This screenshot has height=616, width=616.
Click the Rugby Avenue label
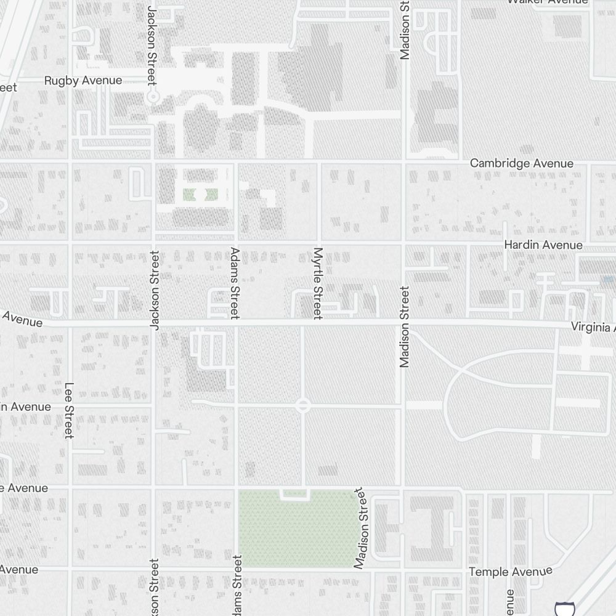pyautogui.click(x=83, y=81)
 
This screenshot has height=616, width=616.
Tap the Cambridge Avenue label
pyautogui.click(x=521, y=163)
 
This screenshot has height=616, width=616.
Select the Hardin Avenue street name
pyautogui.click(x=543, y=245)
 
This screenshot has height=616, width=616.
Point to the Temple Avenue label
pyautogui.click(x=511, y=572)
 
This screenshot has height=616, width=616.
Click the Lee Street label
pyautogui.click(x=69, y=411)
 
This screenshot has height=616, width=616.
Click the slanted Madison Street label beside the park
pyautogui.click(x=360, y=528)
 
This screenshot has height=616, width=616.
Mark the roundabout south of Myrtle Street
pyautogui.click(x=302, y=406)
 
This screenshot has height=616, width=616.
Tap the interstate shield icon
pyautogui.click(x=562, y=609)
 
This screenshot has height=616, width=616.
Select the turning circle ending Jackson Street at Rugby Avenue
pyautogui.click(x=153, y=97)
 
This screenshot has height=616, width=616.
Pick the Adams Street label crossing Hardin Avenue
pyautogui.click(x=235, y=283)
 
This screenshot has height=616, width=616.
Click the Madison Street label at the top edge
pyautogui.click(x=404, y=30)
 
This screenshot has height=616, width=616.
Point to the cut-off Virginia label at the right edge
pyautogui.click(x=592, y=326)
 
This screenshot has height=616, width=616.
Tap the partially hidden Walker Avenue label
pyautogui.click(x=547, y=2)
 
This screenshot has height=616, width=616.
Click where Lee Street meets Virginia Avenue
pyautogui.click(x=70, y=322)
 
